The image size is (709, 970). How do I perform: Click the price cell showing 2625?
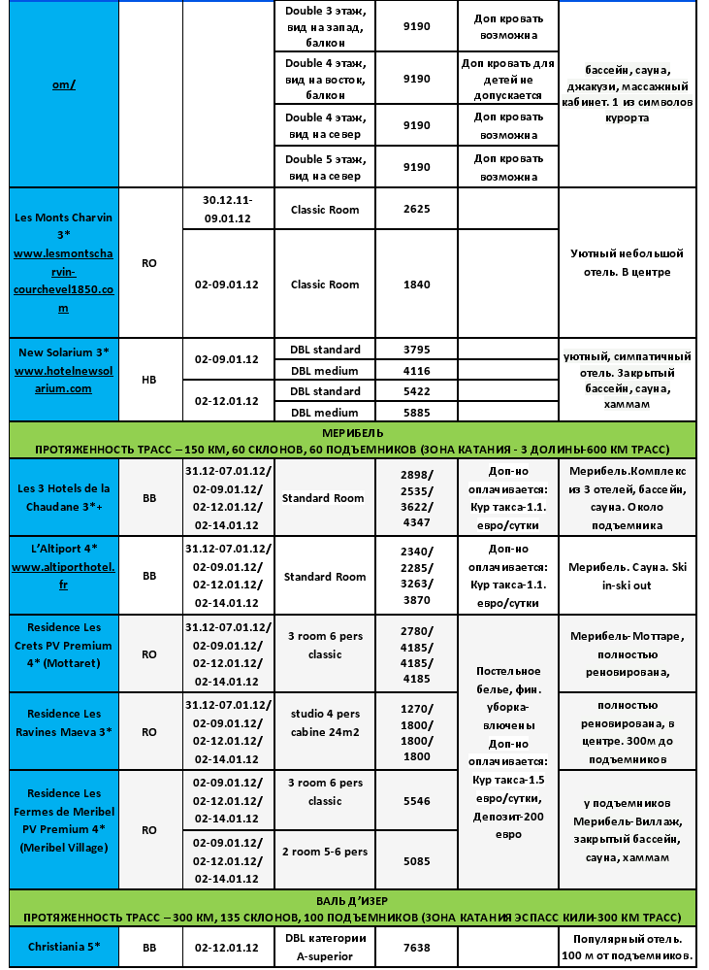click(416, 209)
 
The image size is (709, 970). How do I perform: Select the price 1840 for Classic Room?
click(416, 284)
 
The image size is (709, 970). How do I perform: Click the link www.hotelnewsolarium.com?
click(63, 380)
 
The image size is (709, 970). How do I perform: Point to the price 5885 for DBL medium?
click(416, 412)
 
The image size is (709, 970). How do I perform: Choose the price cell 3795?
click(416, 350)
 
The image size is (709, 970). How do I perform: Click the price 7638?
click(416, 947)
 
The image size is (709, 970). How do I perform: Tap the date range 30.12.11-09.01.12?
click(228, 208)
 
